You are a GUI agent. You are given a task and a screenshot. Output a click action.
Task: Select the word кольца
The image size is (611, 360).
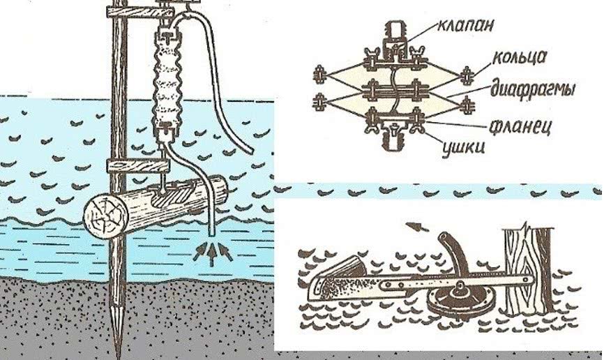pyautogui.click(x=519, y=58)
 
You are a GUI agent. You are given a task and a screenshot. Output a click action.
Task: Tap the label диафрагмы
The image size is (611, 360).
pyautogui.click(x=533, y=91)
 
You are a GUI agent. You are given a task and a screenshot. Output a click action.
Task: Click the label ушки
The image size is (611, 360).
pyautogui.click(x=464, y=147)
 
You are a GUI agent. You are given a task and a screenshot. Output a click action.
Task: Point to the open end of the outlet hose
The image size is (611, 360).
pyautogui.click(x=250, y=151)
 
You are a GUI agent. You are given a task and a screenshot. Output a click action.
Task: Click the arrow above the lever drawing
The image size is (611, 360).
pyautogui.click(x=416, y=227)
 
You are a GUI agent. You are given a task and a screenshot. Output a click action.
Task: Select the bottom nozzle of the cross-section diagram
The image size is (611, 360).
pyautogui.click(x=394, y=137)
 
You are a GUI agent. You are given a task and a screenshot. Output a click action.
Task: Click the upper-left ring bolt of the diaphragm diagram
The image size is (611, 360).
pyautogui.click(x=319, y=75)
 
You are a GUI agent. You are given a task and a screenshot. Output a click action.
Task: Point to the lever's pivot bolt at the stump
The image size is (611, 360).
pyautogui.click(x=526, y=279)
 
